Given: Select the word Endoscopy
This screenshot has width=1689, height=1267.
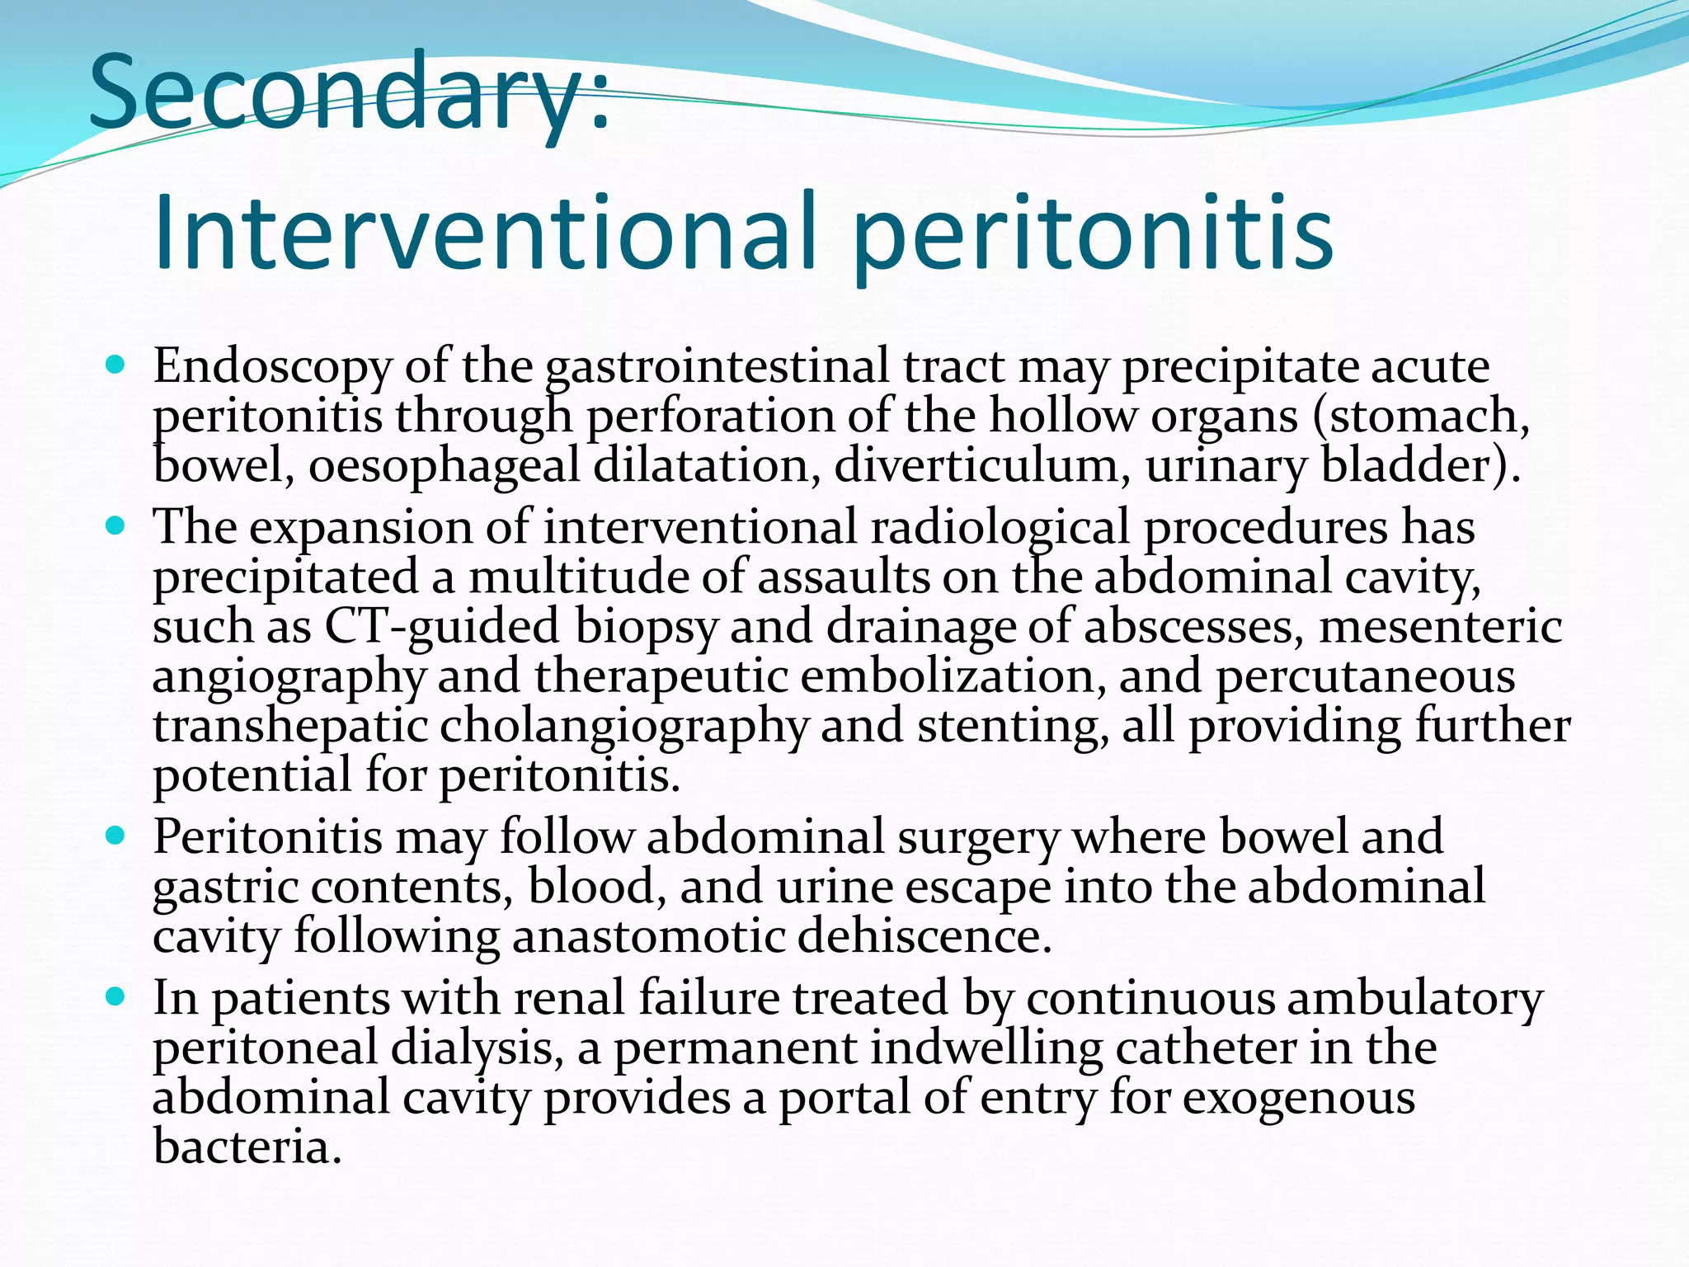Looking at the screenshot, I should pyautogui.click(x=271, y=367).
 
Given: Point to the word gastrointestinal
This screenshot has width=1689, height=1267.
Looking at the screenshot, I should pyautogui.click(x=717, y=367).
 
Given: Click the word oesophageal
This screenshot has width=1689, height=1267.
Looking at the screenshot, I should pyautogui.click(x=445, y=466).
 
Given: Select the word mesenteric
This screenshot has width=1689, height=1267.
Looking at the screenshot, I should pyautogui.click(x=1440, y=627).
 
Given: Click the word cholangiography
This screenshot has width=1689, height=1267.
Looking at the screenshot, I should pyautogui.click(x=623, y=727).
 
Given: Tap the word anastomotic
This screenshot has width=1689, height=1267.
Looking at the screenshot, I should pyautogui.click(x=647, y=937).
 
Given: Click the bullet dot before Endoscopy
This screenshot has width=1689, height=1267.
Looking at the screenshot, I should pyautogui.click(x=115, y=364).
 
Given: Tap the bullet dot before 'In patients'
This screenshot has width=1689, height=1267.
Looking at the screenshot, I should pyautogui.click(x=115, y=996).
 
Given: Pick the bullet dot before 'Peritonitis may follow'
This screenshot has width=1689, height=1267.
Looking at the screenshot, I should pyautogui.click(x=115, y=836).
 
